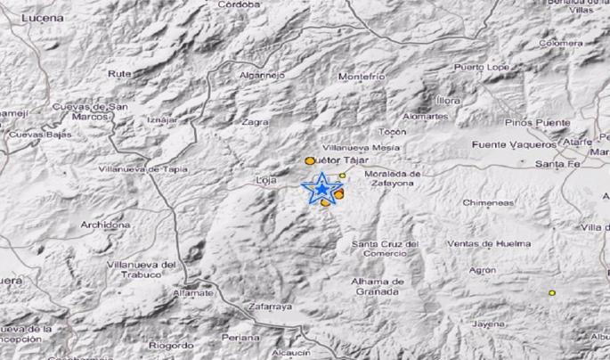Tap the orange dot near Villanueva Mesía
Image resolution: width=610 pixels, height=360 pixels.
309,160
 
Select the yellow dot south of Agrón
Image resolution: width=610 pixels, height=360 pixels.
552,292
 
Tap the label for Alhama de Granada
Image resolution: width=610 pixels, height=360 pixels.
379,286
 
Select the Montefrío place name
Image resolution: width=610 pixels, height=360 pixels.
362,78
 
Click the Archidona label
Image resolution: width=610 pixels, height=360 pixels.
103,225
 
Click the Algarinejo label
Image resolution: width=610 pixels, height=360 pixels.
262,76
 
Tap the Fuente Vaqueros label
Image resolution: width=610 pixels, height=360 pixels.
515,143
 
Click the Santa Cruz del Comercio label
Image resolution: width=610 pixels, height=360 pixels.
385,249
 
